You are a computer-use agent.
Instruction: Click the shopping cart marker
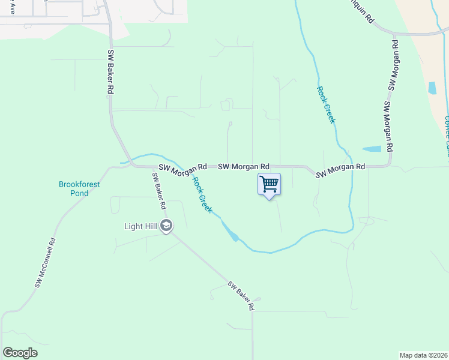click(x=270, y=184)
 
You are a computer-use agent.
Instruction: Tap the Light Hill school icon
click(x=167, y=226)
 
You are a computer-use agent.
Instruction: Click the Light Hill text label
click(x=141, y=226)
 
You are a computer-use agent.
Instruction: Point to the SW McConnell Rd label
click(x=45, y=263)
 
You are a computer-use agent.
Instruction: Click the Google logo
click(x=20, y=353)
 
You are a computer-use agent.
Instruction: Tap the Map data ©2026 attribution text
click(x=423, y=355)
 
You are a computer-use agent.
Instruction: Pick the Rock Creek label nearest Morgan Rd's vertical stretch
click(x=326, y=104)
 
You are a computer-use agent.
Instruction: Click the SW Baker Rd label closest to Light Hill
click(x=159, y=190)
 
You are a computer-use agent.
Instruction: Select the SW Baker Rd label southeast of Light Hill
click(x=241, y=296)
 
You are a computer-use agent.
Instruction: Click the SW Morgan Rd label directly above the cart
click(x=243, y=166)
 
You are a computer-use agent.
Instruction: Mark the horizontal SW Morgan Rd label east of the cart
click(x=340, y=170)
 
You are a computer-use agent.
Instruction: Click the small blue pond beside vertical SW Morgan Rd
click(x=372, y=149)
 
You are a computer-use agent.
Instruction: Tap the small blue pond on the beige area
click(x=432, y=88)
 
